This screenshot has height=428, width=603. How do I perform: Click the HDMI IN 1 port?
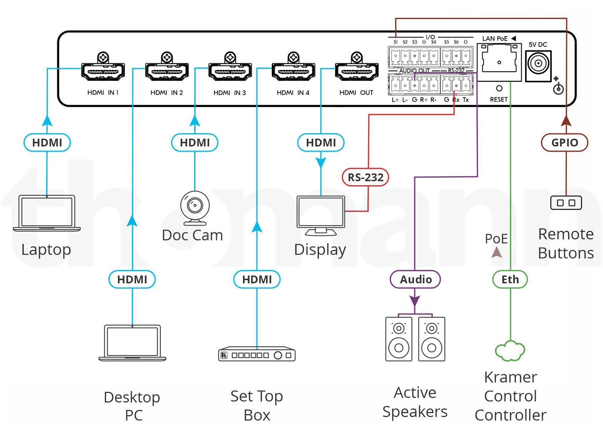(103, 71)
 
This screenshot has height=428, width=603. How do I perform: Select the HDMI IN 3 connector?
(230, 71)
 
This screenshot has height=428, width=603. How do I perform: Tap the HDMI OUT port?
(357, 71)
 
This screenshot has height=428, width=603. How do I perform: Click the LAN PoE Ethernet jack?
(499, 62)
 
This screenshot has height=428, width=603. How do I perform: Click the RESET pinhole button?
(499, 88)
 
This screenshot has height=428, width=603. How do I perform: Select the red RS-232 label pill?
(365, 177)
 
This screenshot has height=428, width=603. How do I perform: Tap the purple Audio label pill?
(415, 279)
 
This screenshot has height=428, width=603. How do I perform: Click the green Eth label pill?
(510, 279)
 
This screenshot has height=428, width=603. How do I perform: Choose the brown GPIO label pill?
(565, 143)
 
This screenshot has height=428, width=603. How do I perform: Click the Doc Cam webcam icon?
(195, 208)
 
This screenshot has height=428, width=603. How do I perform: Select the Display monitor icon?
(321, 216)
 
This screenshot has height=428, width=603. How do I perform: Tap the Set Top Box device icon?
(257, 354)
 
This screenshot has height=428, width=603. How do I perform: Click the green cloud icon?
(510, 351)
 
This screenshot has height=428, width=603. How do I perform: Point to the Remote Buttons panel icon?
(566, 203)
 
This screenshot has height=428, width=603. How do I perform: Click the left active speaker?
(399, 339)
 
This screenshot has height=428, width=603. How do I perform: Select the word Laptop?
(46, 250)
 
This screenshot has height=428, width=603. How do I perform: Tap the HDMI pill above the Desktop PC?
(132, 279)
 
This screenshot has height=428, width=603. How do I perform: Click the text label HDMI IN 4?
(293, 93)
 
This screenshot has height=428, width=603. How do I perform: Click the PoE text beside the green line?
(496, 239)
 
